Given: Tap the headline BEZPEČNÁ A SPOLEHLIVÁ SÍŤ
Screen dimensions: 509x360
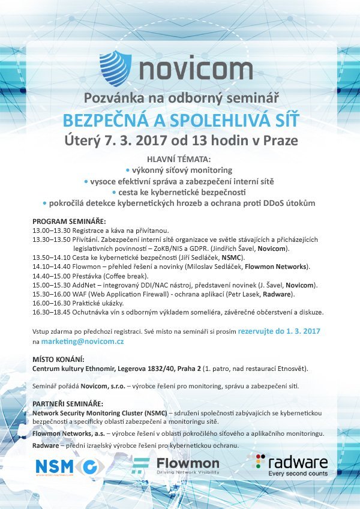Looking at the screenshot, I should click(180, 120).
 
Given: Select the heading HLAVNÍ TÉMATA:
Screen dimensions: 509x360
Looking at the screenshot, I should click(179, 159).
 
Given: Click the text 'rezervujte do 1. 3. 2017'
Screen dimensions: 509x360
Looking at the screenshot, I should click(280, 330).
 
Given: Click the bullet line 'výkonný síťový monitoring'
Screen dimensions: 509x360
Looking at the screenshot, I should click(180, 170).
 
